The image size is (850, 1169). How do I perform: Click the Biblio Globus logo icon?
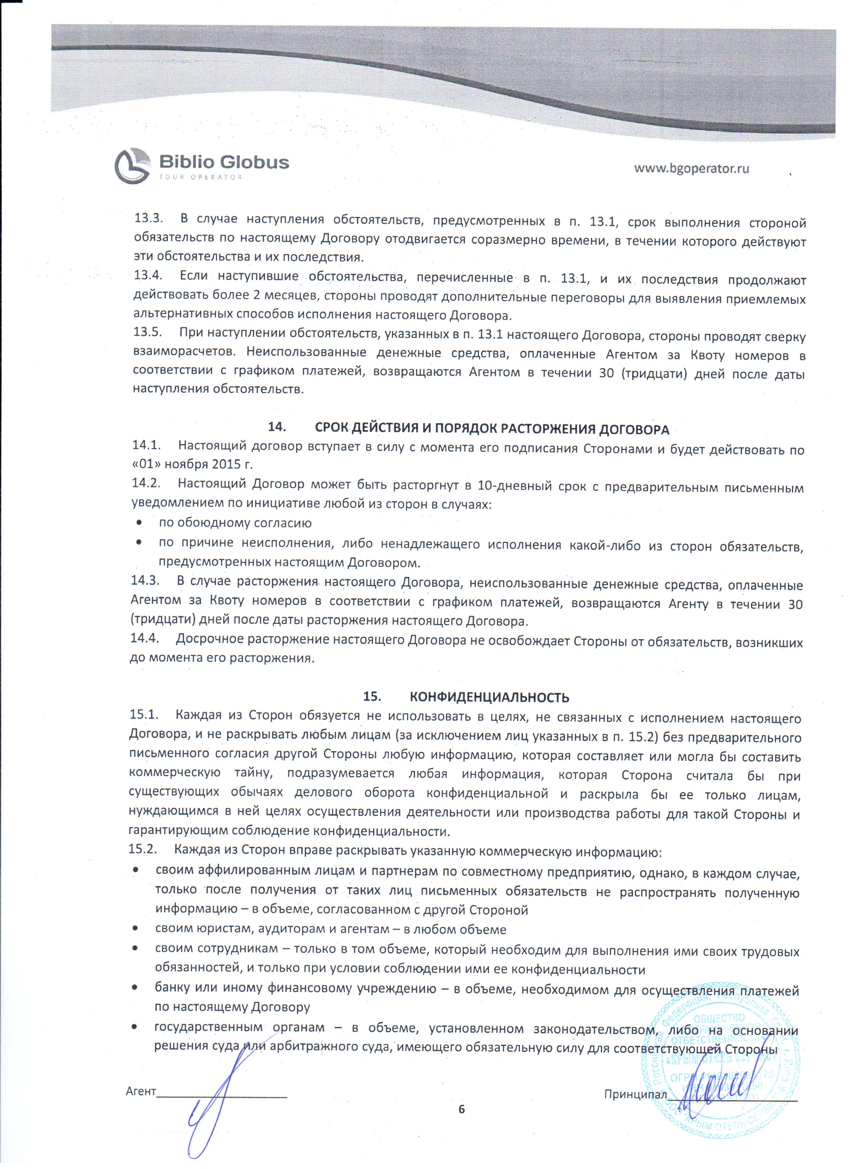(132, 166)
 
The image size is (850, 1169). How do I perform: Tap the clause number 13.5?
(148, 332)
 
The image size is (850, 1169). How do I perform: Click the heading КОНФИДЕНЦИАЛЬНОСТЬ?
(489, 698)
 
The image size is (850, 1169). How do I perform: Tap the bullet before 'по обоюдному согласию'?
(139, 523)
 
